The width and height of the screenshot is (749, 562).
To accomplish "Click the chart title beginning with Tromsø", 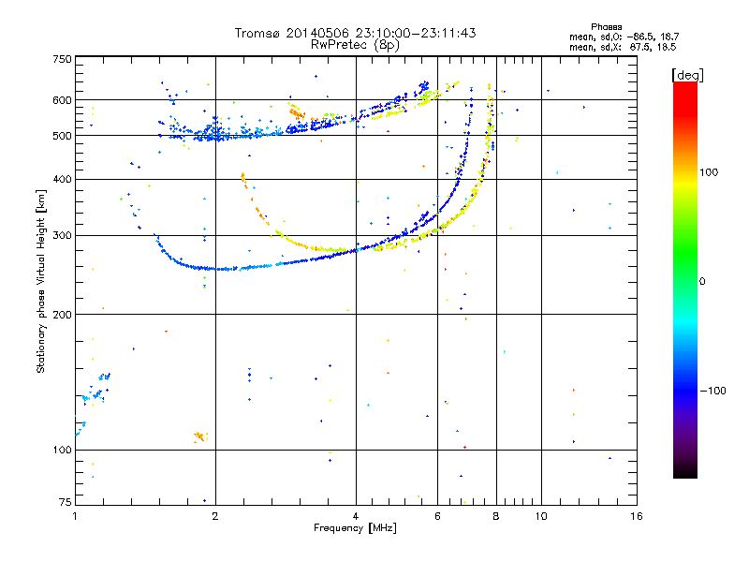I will [x=356, y=33].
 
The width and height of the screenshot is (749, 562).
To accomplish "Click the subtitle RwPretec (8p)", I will [x=356, y=44].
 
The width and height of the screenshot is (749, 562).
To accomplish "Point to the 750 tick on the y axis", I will [x=61, y=59].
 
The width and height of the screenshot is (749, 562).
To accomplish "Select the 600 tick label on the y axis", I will [x=61, y=100].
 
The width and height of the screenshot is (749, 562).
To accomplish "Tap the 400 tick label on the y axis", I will [x=61, y=179].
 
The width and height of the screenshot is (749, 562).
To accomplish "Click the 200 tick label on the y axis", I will [x=61, y=315].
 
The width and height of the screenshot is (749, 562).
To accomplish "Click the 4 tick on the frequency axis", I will [x=356, y=516].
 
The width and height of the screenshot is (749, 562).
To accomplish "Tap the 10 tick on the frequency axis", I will [x=540, y=516].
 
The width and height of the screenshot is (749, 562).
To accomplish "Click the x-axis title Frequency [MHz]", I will [x=356, y=529].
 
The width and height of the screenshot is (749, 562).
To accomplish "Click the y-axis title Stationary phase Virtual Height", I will [x=41, y=281].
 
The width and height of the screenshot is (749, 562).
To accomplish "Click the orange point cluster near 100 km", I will [x=198, y=436].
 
